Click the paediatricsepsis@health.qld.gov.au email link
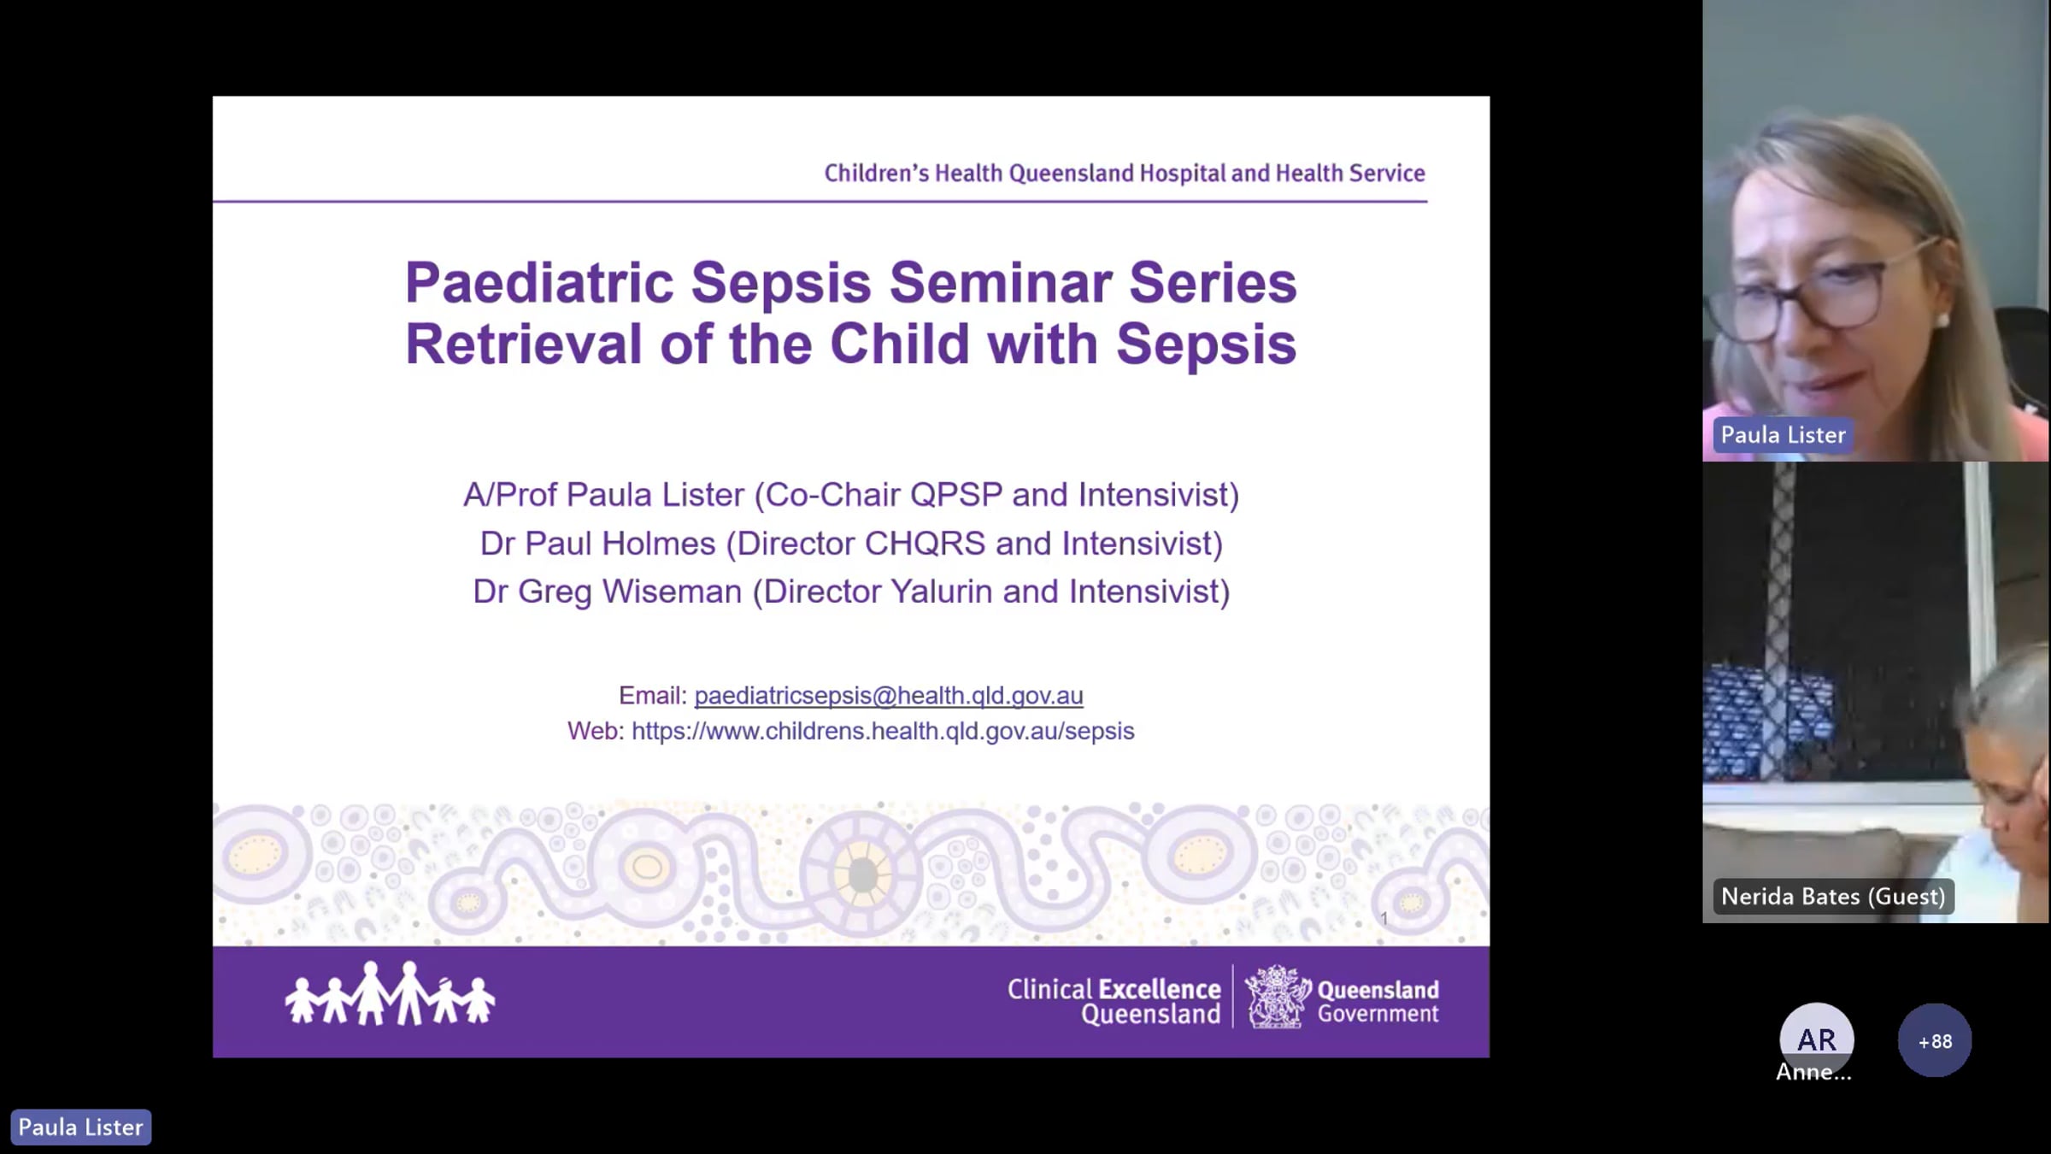(x=889, y=696)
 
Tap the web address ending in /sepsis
(x=883, y=731)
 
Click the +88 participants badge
(x=1935, y=1040)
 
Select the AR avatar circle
(x=1817, y=1038)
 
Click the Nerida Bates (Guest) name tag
(x=1833, y=896)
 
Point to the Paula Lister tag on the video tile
(x=1783, y=435)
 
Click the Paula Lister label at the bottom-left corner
(x=81, y=1127)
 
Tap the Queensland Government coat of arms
(x=1278, y=997)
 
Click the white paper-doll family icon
(x=390, y=993)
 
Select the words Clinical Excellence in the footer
(x=1114, y=989)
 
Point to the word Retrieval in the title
(x=523, y=344)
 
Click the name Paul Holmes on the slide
(x=620, y=544)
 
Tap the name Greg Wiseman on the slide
(x=630, y=592)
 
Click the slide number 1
(x=1384, y=918)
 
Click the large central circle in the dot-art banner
(x=861, y=874)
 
